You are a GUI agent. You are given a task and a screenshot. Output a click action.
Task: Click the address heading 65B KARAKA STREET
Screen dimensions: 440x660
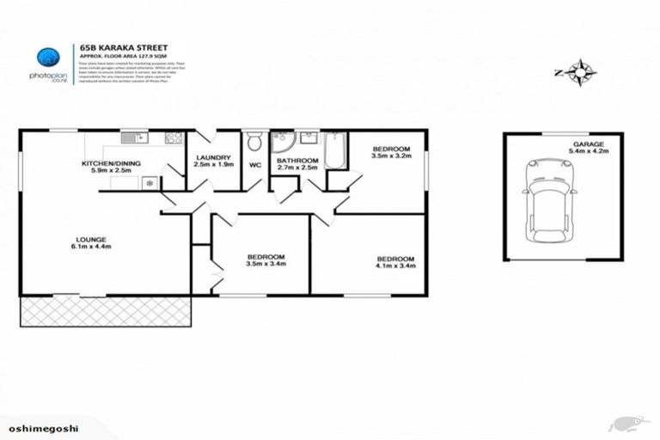(124, 50)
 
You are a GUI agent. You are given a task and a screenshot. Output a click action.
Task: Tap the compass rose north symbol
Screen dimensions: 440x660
(584, 72)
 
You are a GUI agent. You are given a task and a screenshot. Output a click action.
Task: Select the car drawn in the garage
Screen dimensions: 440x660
(548, 199)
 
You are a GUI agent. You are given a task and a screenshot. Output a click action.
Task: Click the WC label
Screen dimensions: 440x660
(254, 165)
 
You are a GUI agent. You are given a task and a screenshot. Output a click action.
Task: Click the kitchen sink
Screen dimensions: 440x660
(134, 137)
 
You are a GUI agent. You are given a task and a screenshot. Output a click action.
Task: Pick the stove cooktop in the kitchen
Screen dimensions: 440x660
(174, 137)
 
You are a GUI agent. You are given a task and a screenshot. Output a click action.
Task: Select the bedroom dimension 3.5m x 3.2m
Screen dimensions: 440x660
(391, 156)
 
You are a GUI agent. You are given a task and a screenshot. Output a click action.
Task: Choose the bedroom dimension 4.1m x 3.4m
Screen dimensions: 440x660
(395, 266)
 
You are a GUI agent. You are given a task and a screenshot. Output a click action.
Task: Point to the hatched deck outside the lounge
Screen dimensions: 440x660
(105, 311)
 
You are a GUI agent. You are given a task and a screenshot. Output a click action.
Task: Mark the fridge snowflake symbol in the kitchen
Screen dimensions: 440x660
(149, 182)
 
